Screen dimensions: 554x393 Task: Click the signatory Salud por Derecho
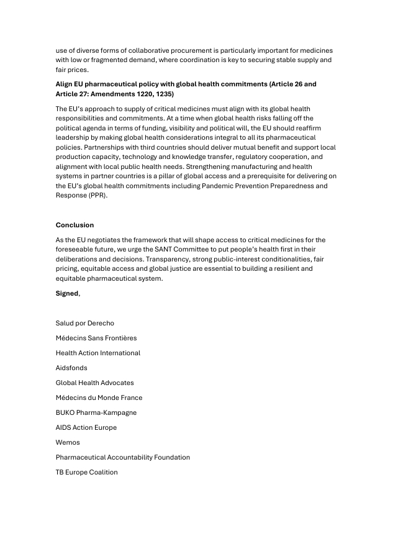point(84,323)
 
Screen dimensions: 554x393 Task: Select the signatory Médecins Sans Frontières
point(96,338)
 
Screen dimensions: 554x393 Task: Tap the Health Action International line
point(98,353)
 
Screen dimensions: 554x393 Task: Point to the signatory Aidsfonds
point(71,368)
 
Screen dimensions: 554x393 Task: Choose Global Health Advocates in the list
point(94,383)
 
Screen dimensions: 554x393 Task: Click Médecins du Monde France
point(99,397)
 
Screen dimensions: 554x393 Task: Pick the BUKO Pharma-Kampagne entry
point(96,412)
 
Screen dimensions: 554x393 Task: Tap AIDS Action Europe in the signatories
point(86,427)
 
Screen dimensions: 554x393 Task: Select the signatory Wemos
point(68,442)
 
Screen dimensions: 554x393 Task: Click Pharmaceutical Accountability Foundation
point(123,457)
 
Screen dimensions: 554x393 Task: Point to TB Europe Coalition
point(86,472)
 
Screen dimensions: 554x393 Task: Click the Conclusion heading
point(75,225)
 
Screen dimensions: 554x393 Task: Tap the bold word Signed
point(67,293)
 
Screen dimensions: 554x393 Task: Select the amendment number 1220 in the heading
point(138,94)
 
